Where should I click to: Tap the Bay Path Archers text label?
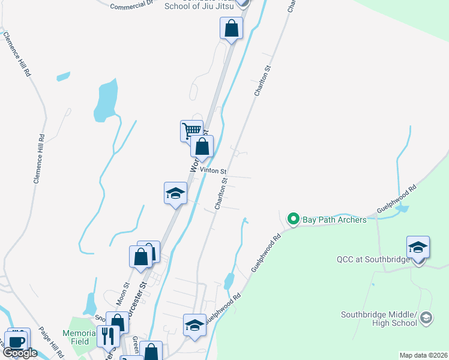point(334,220)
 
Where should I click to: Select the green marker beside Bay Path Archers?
point(294,219)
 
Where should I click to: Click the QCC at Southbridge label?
point(373,259)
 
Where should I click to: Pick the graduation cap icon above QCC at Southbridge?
point(418,247)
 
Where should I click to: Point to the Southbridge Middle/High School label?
point(379,319)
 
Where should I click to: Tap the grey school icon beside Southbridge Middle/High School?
point(426,317)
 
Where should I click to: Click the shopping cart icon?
point(191,130)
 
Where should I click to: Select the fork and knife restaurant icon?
point(108,337)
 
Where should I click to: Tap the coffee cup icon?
point(17,340)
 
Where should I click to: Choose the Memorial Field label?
point(79,337)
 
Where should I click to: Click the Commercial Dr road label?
point(133,5)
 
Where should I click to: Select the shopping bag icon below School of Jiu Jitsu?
point(231,28)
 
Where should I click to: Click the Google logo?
point(20,353)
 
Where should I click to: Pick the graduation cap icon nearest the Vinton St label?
point(175,193)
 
